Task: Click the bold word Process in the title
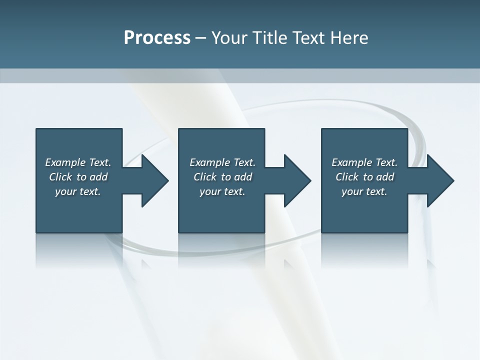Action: pyautogui.click(x=157, y=38)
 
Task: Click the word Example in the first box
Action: pyautogui.click(x=65, y=162)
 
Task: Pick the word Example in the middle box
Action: pyautogui.click(x=209, y=162)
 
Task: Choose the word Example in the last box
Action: pyautogui.click(x=351, y=162)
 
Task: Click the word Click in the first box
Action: pyautogui.click(x=60, y=177)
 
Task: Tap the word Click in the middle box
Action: pyautogui.click(x=204, y=177)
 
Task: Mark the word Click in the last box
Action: pyautogui.click(x=347, y=177)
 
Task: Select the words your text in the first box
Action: pyautogui.click(x=78, y=191)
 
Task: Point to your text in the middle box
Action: pyautogui.click(x=222, y=191)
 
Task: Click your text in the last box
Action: pyautogui.click(x=364, y=191)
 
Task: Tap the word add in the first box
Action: pyautogui.click(x=98, y=177)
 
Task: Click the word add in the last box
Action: pyautogui.click(x=385, y=177)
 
